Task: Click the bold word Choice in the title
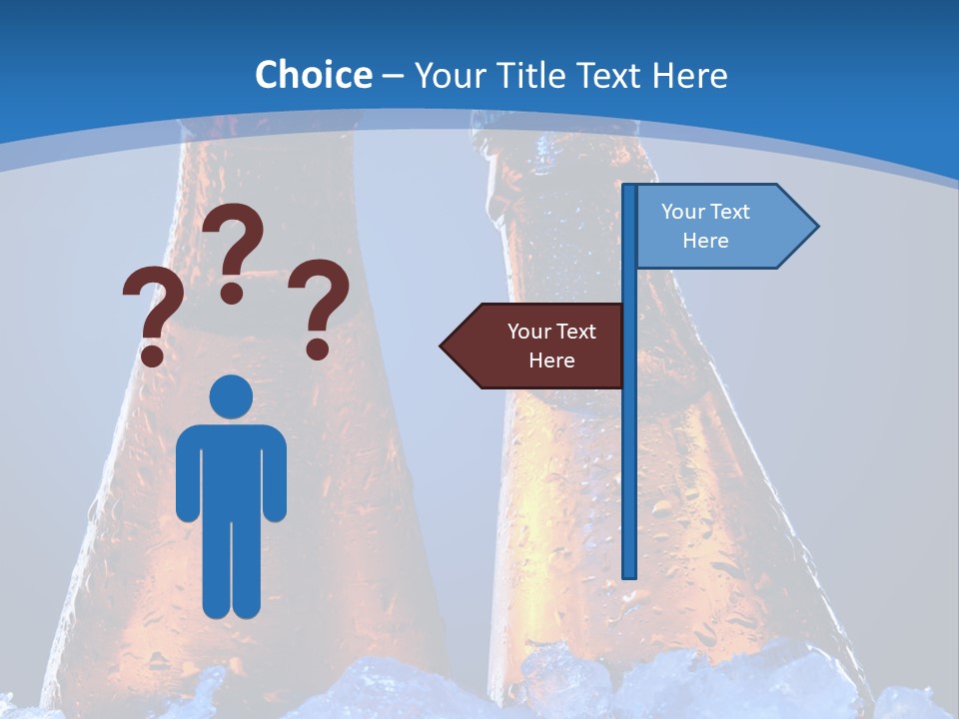point(313,75)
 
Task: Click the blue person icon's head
point(231,396)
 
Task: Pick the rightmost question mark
point(321,306)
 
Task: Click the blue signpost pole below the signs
point(629,479)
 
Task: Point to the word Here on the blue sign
point(705,241)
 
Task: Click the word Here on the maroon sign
point(551,360)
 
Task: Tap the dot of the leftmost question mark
point(152,355)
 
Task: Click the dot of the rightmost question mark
point(318,349)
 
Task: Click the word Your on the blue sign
point(682,212)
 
